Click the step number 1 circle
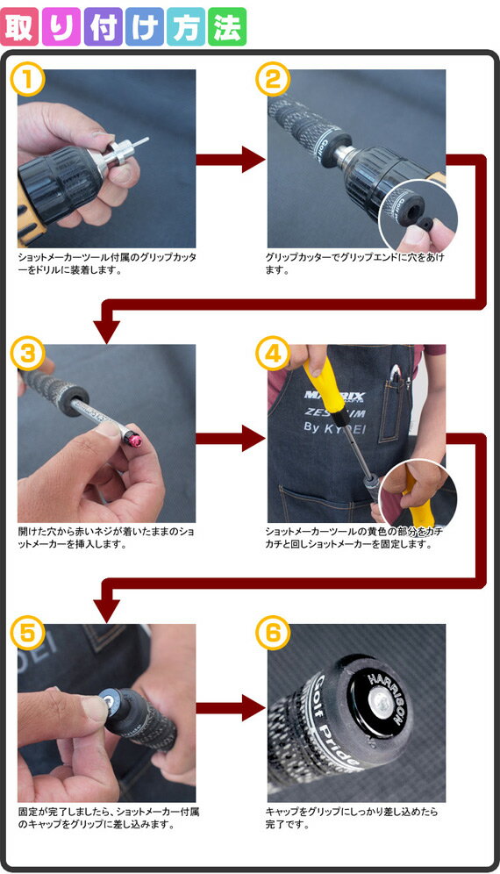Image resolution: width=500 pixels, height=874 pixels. pos(27,80)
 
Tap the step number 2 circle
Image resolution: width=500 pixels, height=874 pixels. pos(273,80)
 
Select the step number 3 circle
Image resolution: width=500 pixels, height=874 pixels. pos(27,353)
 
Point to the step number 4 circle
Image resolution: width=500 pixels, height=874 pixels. pos(273,353)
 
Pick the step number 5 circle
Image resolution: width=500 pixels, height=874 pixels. pos(27,633)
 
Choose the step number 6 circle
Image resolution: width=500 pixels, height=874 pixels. pos(273,633)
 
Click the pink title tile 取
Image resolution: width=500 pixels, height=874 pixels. pos(20,26)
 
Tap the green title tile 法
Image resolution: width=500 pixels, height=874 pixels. pos(227,26)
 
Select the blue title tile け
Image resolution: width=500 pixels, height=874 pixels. pos(145,26)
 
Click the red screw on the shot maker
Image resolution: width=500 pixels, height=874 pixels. pos(134,440)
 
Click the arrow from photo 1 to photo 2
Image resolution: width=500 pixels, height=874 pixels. pos(231,160)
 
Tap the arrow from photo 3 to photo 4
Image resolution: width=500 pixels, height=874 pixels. pos(231,438)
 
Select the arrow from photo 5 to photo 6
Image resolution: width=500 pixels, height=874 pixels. pos(231,708)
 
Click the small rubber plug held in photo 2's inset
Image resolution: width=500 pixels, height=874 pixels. pos(425,224)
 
